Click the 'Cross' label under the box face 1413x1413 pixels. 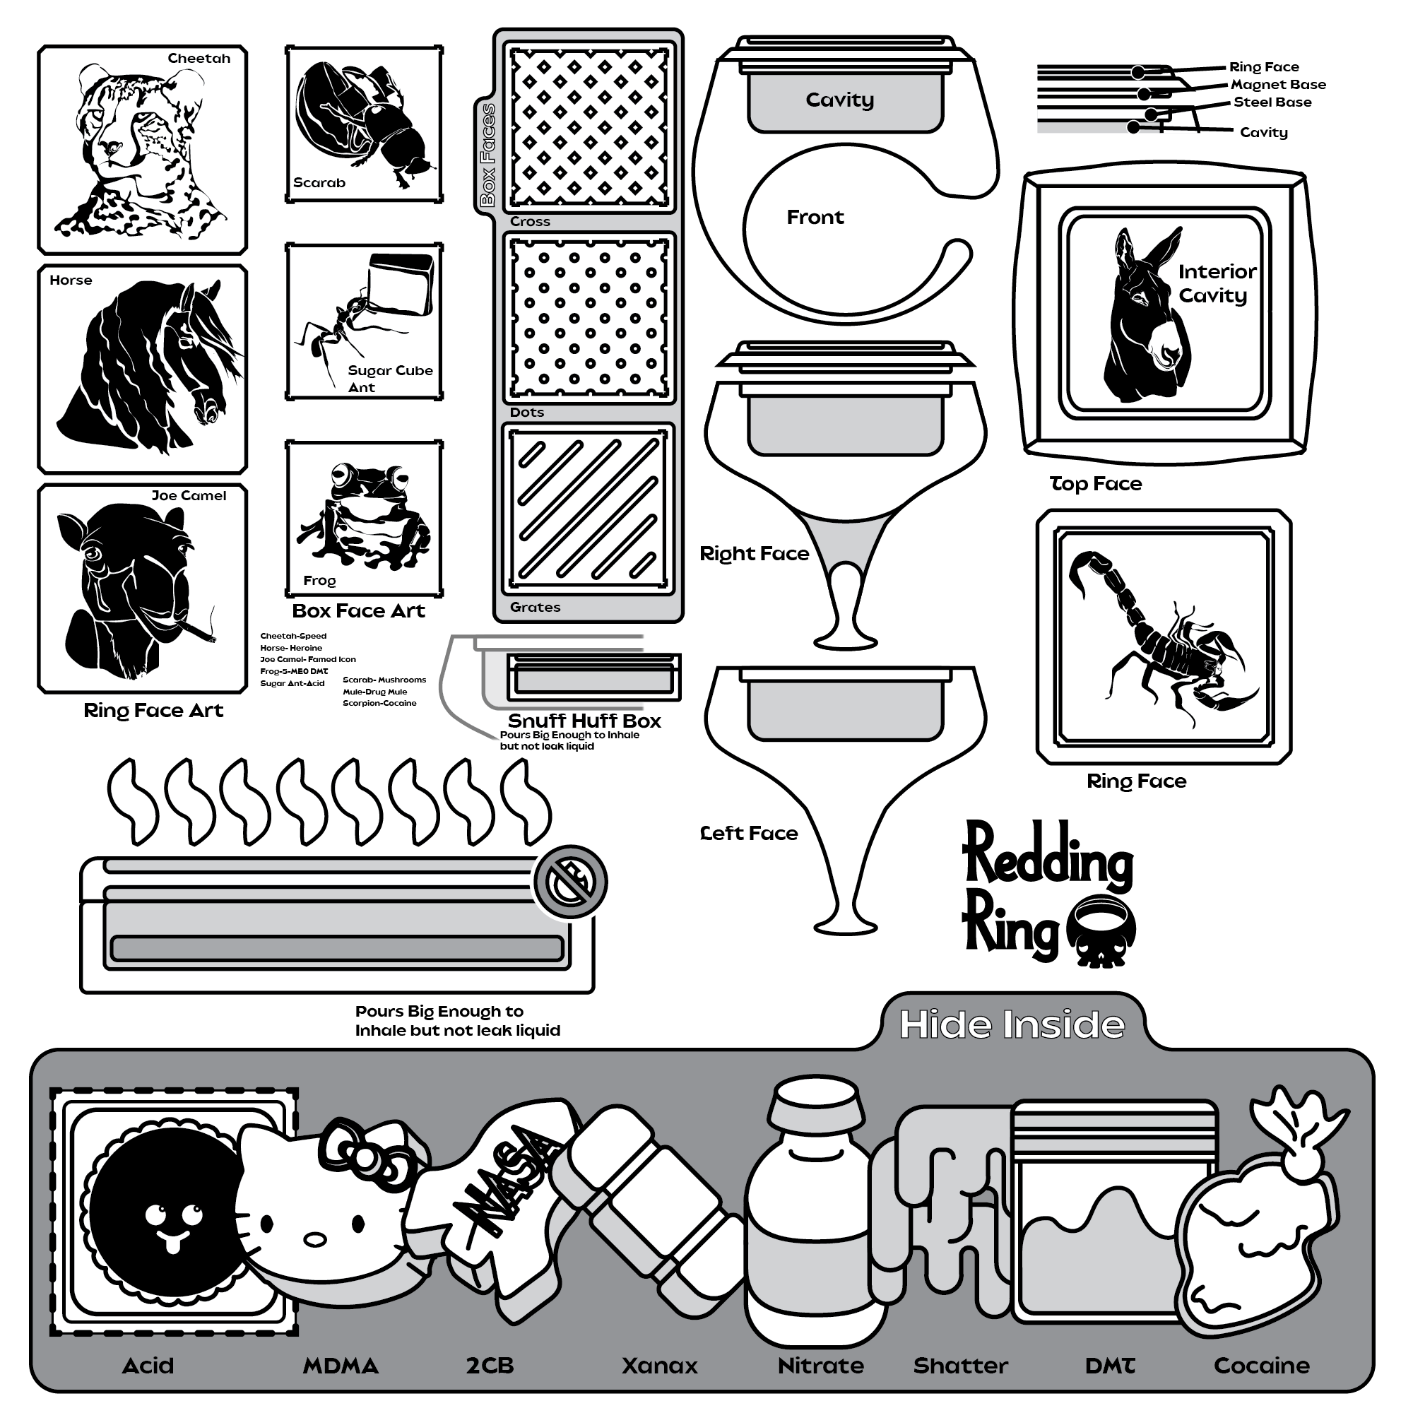click(x=531, y=222)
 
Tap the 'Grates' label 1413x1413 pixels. click(x=536, y=607)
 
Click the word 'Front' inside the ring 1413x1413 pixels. click(x=815, y=217)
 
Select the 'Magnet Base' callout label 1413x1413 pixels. click(x=1277, y=85)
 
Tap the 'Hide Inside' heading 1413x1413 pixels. click(x=1012, y=1024)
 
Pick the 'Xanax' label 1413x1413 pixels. click(x=660, y=1366)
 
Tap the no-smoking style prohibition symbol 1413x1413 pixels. click(x=570, y=881)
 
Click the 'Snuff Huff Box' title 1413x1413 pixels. click(x=584, y=721)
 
